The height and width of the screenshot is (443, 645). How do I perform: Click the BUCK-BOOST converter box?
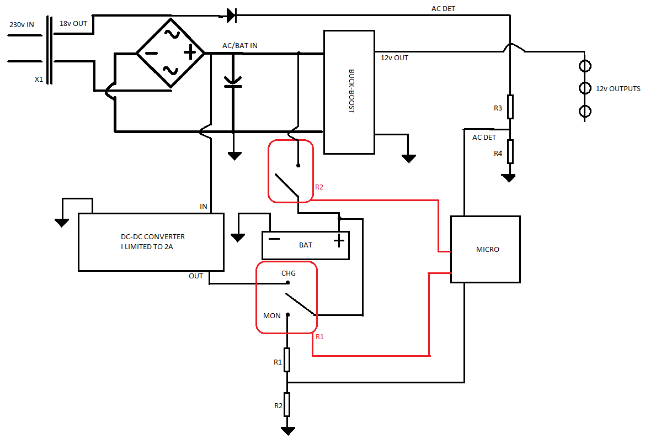tap(349, 92)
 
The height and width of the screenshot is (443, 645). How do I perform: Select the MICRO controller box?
tap(486, 249)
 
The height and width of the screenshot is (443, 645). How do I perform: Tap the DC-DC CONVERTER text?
tap(153, 237)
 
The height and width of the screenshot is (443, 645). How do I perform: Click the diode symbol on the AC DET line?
tap(231, 15)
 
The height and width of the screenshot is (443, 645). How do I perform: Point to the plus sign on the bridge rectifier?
tap(190, 52)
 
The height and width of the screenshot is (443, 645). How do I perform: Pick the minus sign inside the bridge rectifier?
tap(151, 53)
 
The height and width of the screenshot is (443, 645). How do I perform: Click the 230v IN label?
tap(22, 25)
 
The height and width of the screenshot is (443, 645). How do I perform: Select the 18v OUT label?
tap(73, 23)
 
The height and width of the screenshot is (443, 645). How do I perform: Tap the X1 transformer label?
tap(39, 80)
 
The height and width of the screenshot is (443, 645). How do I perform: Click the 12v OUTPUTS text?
tap(618, 88)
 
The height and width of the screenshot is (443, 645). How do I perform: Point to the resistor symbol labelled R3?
tap(510, 107)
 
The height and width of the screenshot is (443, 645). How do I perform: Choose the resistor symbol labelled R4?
tap(510, 151)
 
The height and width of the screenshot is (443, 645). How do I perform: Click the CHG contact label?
tap(289, 273)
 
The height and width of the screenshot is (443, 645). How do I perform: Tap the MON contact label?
tap(272, 316)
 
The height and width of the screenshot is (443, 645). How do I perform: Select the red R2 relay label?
tap(319, 187)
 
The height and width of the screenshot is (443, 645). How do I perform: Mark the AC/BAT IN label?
tap(240, 46)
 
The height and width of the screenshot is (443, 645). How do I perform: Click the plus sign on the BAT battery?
tap(339, 241)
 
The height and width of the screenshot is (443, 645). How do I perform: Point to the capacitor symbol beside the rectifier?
tap(233, 82)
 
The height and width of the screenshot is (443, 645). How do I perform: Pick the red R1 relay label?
tap(319, 337)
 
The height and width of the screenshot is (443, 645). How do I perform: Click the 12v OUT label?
tap(395, 58)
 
